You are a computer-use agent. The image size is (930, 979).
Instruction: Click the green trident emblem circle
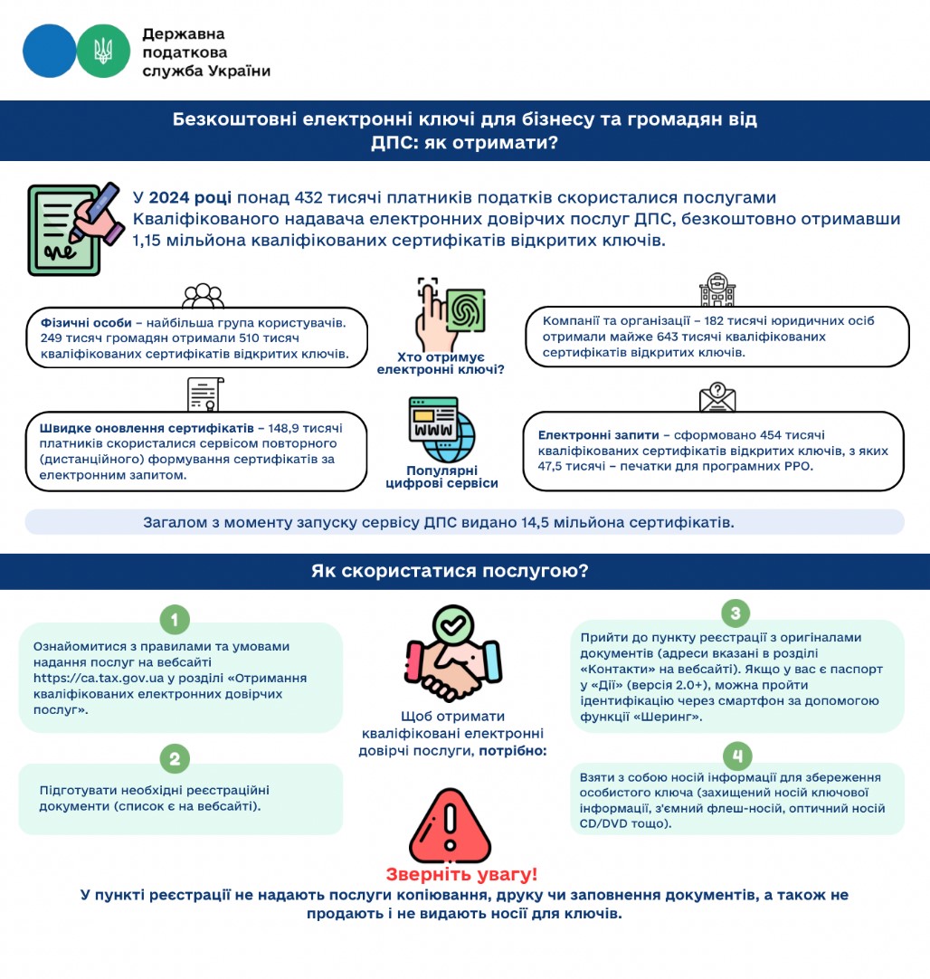(103, 51)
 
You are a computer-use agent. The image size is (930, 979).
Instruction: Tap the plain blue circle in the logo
(50, 51)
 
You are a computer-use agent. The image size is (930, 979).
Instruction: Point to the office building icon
(716, 290)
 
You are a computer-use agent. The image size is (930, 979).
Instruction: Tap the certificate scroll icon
(204, 394)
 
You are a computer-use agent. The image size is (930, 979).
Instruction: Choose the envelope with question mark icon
(716, 396)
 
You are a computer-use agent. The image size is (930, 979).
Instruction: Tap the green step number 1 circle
(175, 620)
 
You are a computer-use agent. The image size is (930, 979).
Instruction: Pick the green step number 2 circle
(175, 758)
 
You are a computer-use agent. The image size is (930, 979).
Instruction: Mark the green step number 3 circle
(735, 613)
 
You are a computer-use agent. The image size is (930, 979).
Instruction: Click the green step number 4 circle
(737, 755)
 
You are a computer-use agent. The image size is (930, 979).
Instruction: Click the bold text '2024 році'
(190, 197)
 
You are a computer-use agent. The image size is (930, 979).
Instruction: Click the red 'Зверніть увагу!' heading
(461, 875)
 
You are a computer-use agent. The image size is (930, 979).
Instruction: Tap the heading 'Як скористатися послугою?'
(450, 571)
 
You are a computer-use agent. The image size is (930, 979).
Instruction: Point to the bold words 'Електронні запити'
(592, 434)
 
